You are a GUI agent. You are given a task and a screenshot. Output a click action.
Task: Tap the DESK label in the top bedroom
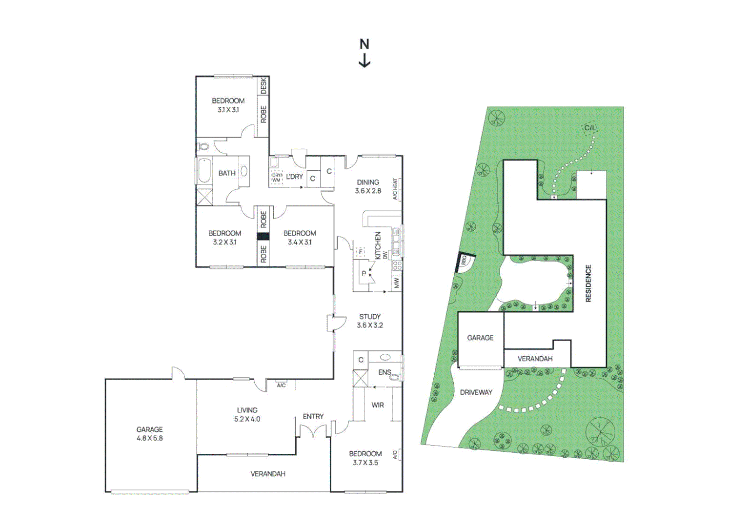click(x=263, y=85)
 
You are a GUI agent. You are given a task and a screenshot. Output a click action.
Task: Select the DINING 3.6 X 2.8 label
click(x=368, y=186)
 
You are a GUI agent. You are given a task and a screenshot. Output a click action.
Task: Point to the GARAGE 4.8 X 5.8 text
click(x=150, y=434)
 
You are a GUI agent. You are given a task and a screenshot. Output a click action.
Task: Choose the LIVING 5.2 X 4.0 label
click(x=247, y=414)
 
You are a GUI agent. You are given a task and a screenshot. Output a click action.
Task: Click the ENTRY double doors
click(x=313, y=431)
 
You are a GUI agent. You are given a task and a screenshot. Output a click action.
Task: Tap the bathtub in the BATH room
click(x=204, y=171)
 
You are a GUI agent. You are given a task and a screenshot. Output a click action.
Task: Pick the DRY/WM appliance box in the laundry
click(x=277, y=177)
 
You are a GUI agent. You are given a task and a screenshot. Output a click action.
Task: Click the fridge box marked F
click(x=361, y=252)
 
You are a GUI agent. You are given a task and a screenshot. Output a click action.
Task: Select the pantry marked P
click(x=364, y=274)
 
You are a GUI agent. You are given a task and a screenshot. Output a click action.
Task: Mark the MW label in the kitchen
click(x=396, y=283)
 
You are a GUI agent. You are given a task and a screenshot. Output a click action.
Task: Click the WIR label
click(x=378, y=405)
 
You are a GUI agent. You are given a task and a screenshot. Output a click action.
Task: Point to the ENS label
click(x=385, y=372)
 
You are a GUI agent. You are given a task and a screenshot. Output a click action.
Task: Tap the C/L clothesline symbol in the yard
click(x=590, y=128)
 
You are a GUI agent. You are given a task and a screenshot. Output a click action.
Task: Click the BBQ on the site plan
click(x=463, y=262)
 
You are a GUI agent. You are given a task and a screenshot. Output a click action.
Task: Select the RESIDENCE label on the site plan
click(x=588, y=284)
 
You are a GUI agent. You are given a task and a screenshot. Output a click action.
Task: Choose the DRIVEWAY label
click(x=476, y=392)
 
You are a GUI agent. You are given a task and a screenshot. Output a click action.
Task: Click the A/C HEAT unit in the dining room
click(x=396, y=189)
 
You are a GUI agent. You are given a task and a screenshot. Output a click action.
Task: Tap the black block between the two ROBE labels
click(x=263, y=237)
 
